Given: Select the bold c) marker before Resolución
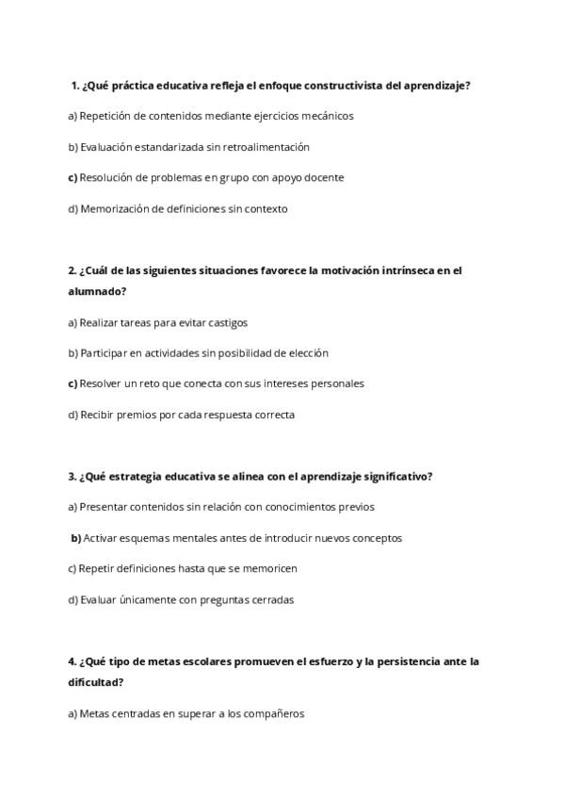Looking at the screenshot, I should [x=73, y=177].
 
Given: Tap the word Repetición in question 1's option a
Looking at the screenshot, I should [x=106, y=116].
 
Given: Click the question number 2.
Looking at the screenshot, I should [x=72, y=270].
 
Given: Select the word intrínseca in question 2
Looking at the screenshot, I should [x=411, y=270].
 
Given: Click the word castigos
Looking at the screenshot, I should [x=226, y=322].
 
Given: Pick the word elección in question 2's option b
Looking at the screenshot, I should [x=307, y=353].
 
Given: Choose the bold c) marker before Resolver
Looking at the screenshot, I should [x=73, y=383].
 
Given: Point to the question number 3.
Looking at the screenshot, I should [x=72, y=477].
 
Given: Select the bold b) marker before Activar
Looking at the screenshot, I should [x=76, y=538].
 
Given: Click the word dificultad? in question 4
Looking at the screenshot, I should [x=96, y=682].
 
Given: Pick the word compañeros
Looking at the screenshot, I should [x=273, y=713].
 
